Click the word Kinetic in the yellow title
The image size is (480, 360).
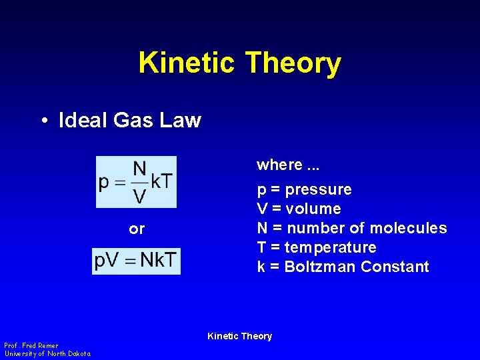(187, 63)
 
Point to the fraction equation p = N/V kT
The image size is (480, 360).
(136, 181)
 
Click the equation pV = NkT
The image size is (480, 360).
(136, 261)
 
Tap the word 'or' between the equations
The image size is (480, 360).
(137, 229)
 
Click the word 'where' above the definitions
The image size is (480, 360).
(279, 165)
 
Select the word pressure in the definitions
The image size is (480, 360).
(318, 190)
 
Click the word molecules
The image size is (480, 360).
(408, 228)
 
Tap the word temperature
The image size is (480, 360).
(330, 247)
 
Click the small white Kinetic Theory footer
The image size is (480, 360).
(240, 336)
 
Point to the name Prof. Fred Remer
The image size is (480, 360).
(31, 345)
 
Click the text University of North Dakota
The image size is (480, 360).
(47, 353)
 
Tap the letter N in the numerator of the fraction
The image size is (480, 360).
(140, 169)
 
